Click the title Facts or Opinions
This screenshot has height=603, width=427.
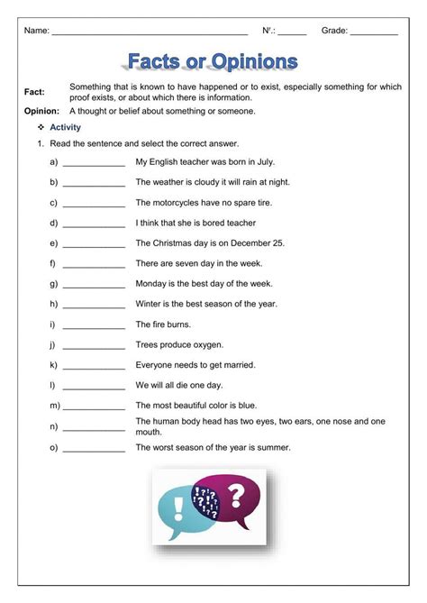[x=213, y=61]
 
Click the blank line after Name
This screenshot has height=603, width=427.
[x=150, y=32]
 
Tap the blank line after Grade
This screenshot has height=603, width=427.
[x=374, y=32]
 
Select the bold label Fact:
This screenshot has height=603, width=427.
[x=34, y=92]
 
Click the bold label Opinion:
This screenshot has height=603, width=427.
[x=42, y=111]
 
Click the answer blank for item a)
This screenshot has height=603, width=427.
[x=94, y=163]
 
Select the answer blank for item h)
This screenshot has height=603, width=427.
[x=94, y=305]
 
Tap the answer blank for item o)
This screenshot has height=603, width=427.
[x=94, y=448]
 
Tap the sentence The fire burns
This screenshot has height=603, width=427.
[x=163, y=324]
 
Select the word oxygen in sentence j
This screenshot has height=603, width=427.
[x=207, y=345]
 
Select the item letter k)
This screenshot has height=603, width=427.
[x=54, y=365]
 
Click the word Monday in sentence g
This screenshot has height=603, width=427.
[x=150, y=284]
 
